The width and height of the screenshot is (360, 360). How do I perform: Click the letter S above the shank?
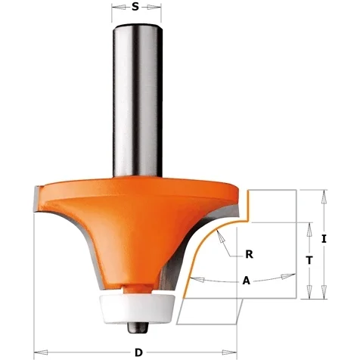point(135,7)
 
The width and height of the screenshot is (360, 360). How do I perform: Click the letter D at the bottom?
point(138,352)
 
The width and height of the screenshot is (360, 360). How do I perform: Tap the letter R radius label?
point(249,254)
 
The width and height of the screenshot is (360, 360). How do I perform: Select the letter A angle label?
point(247,281)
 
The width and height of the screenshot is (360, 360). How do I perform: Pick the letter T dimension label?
point(309,260)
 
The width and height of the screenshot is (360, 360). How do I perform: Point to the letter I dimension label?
point(324,239)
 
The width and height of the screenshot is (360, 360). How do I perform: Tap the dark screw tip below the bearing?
point(138,328)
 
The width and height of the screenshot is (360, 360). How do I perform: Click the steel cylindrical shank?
point(137,101)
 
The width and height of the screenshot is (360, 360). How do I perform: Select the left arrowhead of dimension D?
point(41,352)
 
